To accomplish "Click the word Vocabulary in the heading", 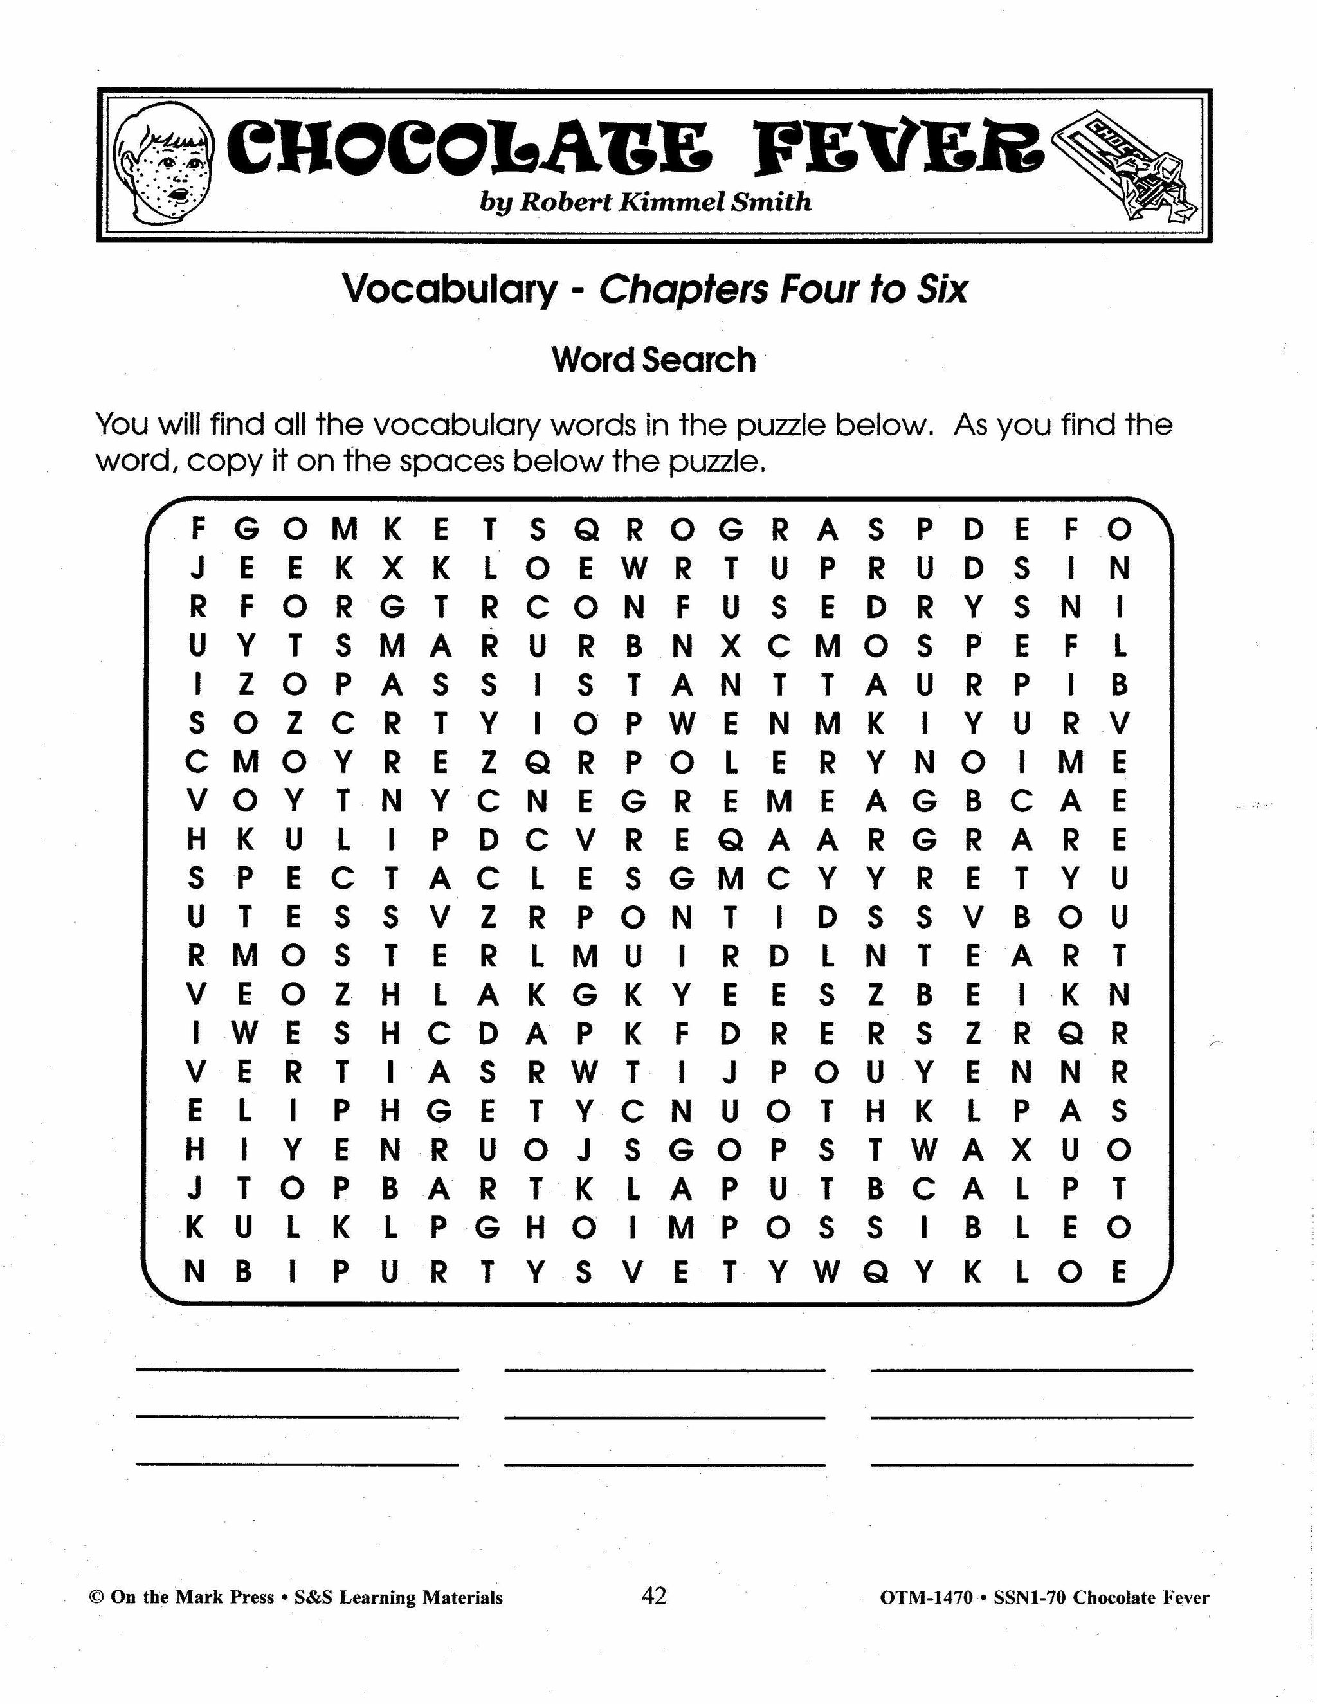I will (x=450, y=289).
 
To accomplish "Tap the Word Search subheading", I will (x=654, y=359).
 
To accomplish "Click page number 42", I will (x=654, y=1595).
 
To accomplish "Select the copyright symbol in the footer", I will (x=96, y=1597).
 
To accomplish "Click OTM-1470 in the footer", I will (x=926, y=1597).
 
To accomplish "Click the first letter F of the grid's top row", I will (x=198, y=530).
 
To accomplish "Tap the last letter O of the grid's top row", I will (x=1119, y=530).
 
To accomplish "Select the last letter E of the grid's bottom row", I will (x=1119, y=1272).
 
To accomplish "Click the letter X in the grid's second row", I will (x=392, y=570).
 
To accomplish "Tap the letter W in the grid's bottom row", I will (x=826, y=1272).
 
